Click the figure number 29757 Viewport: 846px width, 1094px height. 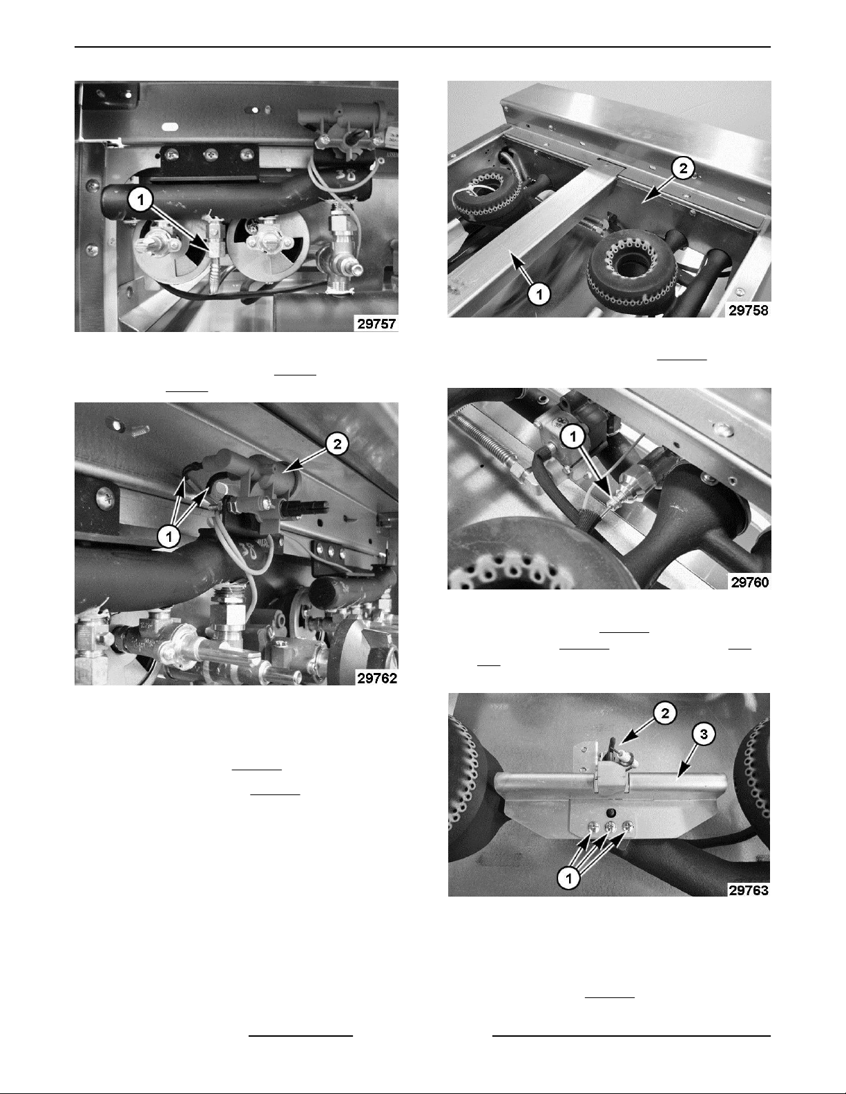(376, 324)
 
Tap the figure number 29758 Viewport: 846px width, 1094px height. (749, 310)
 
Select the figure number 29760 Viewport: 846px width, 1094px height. (750, 582)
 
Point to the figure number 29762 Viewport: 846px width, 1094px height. (377, 678)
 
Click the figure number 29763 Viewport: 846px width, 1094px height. (749, 890)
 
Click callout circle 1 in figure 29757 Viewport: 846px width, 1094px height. (141, 200)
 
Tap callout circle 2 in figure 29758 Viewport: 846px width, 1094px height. (683, 168)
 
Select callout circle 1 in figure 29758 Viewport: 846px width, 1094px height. (539, 294)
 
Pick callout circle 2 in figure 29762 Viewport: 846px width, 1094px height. (337, 444)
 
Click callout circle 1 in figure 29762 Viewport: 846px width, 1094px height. (169, 537)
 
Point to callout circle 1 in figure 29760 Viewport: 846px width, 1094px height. (573, 437)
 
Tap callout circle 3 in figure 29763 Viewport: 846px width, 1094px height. (704, 734)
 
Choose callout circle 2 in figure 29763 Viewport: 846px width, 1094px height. (664, 713)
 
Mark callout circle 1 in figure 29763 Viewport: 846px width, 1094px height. (569, 879)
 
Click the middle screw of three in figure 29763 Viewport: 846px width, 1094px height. (611, 826)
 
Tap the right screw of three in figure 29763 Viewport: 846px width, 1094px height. (627, 826)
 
